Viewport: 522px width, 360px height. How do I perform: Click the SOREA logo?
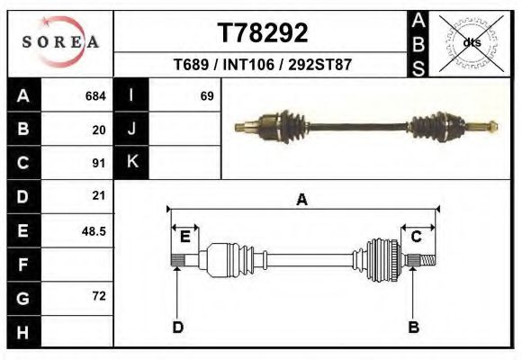[x=59, y=42]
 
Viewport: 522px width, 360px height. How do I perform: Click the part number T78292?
[x=263, y=33]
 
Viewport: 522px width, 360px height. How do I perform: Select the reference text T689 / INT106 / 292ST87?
[x=262, y=66]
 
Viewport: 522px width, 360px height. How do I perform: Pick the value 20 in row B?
[x=99, y=130]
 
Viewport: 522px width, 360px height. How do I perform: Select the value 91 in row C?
[x=99, y=164]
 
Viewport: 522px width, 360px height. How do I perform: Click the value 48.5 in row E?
[x=94, y=231]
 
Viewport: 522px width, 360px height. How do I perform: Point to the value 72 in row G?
[x=99, y=296]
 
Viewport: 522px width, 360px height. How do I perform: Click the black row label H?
[x=23, y=332]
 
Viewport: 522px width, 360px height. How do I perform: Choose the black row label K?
[x=131, y=163]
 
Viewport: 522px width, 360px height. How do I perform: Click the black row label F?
[x=23, y=265]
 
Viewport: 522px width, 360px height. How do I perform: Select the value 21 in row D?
[x=99, y=196]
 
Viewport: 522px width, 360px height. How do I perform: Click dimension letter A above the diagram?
[x=301, y=200]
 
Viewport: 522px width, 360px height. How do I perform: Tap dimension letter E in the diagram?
[x=184, y=237]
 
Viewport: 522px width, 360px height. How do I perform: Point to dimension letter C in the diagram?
[x=417, y=237]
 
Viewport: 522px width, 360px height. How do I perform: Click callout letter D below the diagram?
[x=177, y=327]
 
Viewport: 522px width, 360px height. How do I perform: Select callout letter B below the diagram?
[x=414, y=327]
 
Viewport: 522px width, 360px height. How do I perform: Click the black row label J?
[x=131, y=130]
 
